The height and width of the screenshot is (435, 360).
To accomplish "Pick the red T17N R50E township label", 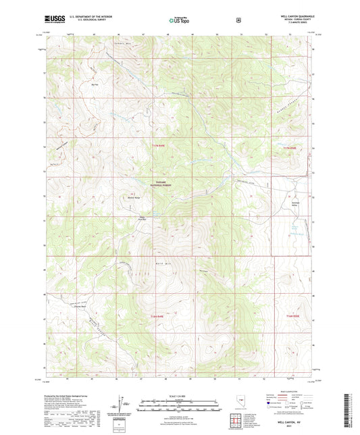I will pyautogui.click(x=289, y=147).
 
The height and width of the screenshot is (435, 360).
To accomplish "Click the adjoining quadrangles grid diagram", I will pyautogui.click(x=238, y=419).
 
